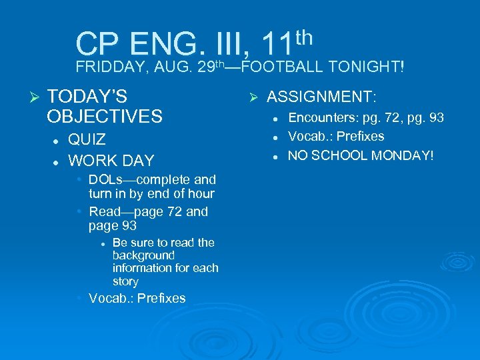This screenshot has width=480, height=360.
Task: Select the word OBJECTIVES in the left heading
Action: point(105,117)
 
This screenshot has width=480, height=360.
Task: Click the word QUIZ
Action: point(87,139)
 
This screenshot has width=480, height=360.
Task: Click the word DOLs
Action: point(104,180)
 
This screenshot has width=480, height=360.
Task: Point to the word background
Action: point(143,255)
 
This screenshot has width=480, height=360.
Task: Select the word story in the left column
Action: point(125,281)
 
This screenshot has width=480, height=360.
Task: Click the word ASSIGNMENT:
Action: point(321,97)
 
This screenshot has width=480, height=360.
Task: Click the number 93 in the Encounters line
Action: point(437,118)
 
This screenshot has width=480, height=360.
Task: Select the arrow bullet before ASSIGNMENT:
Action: point(253,97)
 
